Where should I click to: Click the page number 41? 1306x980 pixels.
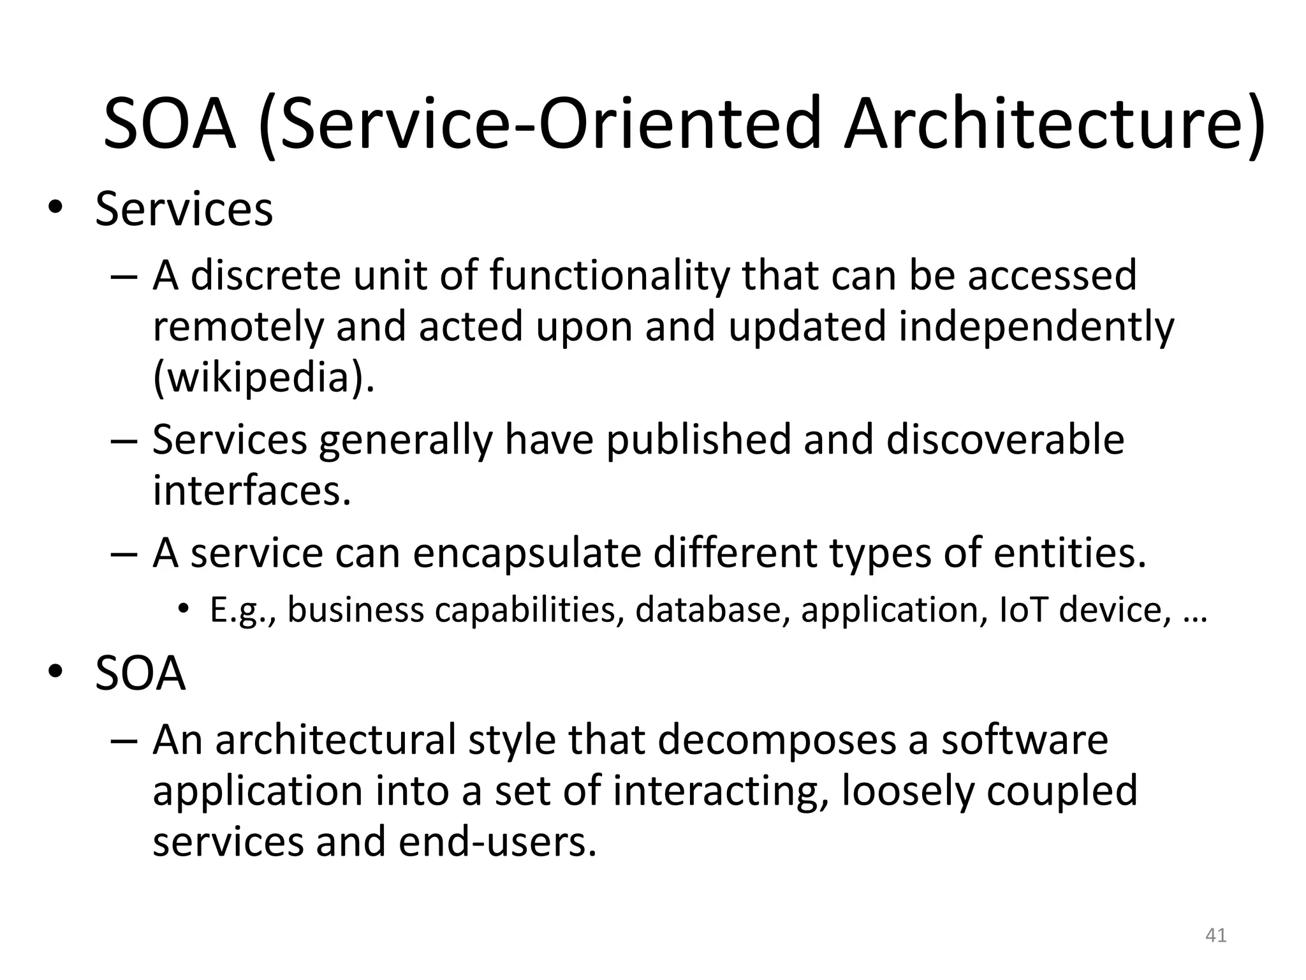[1216, 935]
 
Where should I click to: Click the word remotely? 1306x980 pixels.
[237, 327]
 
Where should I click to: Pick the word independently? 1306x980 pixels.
[1036, 327]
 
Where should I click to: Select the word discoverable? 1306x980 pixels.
[1005, 440]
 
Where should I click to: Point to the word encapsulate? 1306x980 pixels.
[527, 553]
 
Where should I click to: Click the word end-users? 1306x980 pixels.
[497, 842]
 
